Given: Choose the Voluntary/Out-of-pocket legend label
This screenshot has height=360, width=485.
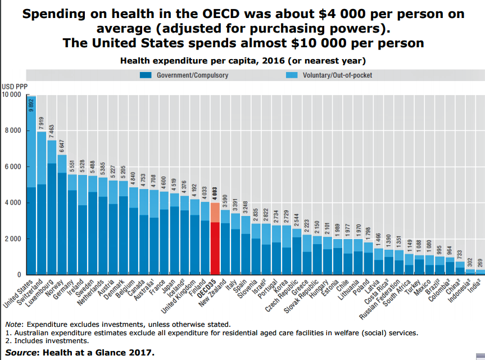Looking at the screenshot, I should pyautogui.click(x=337, y=75).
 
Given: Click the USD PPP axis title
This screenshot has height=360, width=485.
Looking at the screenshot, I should pyautogui.click(x=14, y=86).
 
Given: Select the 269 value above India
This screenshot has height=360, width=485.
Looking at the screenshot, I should pyautogui.click(x=479, y=262).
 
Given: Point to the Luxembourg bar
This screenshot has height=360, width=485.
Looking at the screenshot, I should pyautogui.click(x=52, y=214).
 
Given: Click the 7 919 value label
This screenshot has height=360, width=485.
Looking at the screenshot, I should pyautogui.click(x=42, y=123).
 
